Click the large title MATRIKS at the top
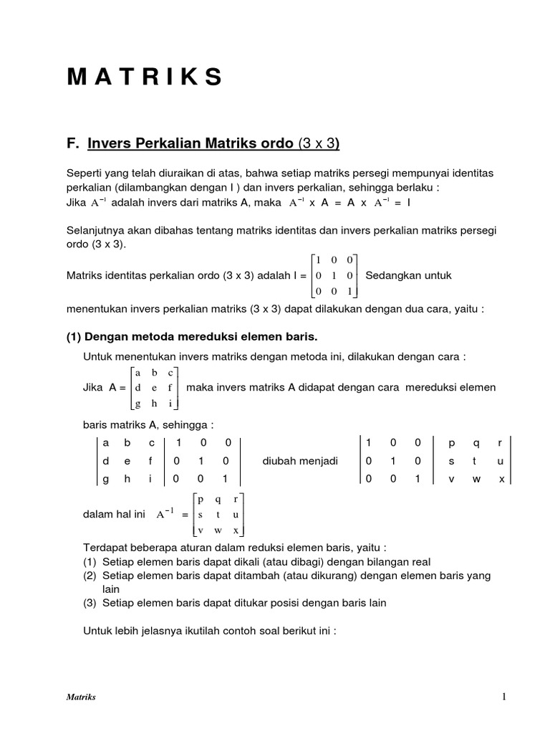pos(144,77)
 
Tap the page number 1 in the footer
pos(504,697)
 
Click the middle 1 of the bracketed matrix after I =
pos(334,275)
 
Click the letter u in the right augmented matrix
pos(501,461)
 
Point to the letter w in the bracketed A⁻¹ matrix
pos(218,530)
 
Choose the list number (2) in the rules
pos(90,575)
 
